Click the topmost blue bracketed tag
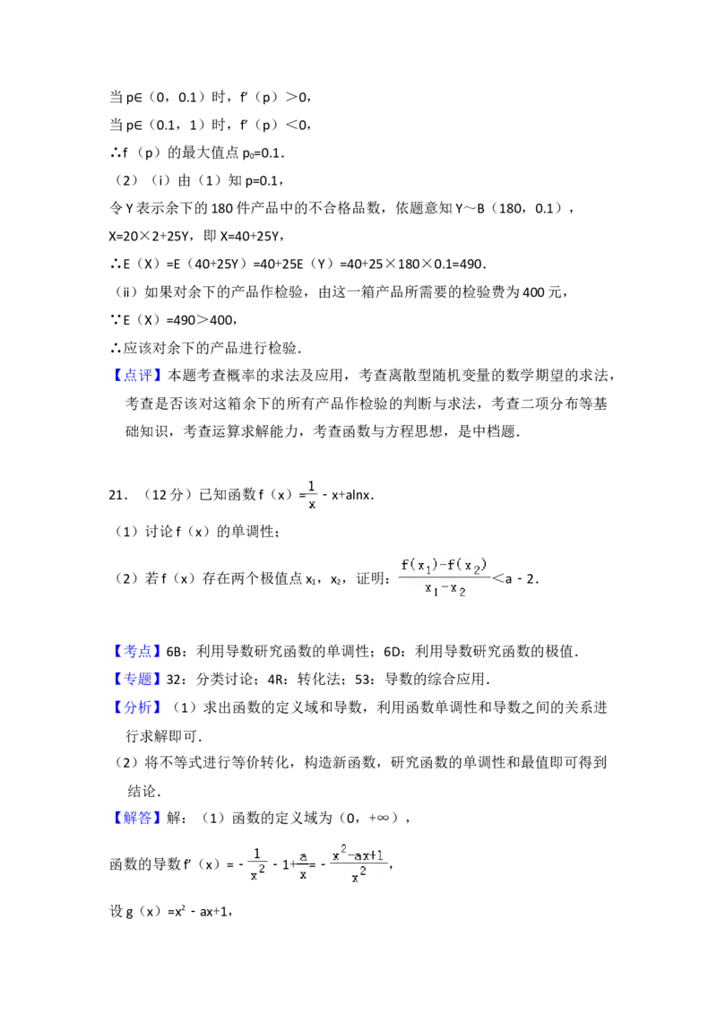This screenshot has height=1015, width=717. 139,376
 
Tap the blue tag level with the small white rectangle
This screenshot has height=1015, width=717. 139,650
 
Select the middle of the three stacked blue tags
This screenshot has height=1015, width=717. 139,678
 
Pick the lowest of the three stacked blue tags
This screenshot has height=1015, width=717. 139,707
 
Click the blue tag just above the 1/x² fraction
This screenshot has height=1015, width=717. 139,818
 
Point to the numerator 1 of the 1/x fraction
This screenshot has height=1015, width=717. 312,486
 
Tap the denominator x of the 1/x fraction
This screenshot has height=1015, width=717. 312,505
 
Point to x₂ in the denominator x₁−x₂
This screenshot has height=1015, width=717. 458,589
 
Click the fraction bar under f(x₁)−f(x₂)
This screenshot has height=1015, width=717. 445,577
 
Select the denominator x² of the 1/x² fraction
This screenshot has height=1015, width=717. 258,874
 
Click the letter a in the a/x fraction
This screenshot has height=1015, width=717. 303,856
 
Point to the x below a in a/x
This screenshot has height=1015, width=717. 303,874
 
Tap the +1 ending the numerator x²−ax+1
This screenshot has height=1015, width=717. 376,856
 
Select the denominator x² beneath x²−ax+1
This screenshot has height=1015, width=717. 358,877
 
